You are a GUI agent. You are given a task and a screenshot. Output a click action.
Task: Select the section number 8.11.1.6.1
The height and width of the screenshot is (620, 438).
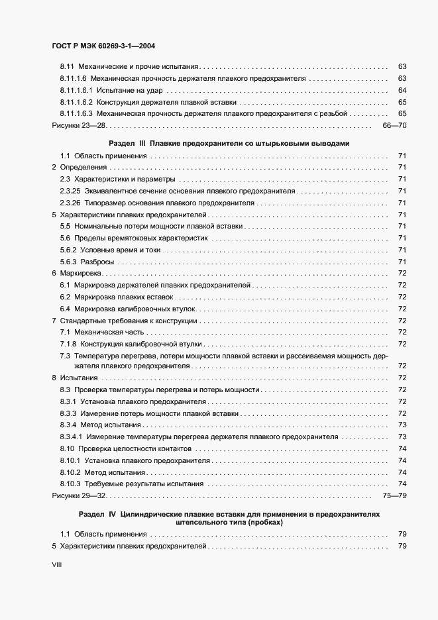click(x=76, y=90)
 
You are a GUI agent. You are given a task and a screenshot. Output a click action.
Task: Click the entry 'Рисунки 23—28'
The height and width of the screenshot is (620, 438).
click(x=80, y=125)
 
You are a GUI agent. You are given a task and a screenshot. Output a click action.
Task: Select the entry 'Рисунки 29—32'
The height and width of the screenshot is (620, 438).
click(x=80, y=495)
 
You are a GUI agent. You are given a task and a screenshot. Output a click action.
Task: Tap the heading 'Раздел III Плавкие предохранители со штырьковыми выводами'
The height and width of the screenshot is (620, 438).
click(x=229, y=143)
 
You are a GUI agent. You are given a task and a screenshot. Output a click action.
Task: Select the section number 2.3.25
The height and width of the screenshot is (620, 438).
click(x=70, y=191)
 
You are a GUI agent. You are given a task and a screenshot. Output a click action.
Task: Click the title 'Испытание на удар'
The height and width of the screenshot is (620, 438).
click(x=130, y=90)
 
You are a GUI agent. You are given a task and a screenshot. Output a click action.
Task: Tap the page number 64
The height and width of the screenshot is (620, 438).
click(x=402, y=90)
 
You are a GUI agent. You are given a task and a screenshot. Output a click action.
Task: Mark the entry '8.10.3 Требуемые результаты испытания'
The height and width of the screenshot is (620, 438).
click(x=131, y=484)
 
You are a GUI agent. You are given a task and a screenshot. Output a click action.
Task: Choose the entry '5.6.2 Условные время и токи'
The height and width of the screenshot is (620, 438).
click(x=110, y=250)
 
